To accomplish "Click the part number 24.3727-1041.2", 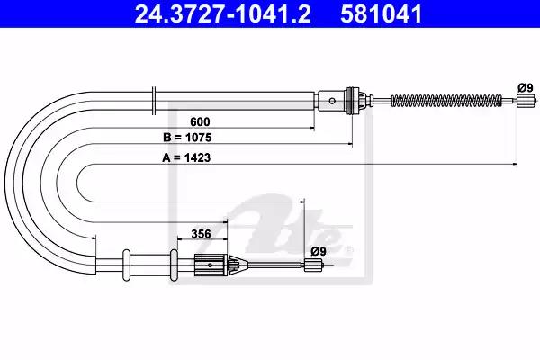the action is point(222,14).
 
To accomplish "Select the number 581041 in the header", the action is point(382,14).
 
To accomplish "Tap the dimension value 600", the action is point(200,121).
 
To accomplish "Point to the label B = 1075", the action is point(187,138).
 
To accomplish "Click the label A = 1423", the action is point(186,157).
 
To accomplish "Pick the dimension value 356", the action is point(201,234).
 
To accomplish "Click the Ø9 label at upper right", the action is point(526,88).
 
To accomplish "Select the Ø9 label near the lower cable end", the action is point(319,251).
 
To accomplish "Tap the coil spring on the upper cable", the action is point(446,101).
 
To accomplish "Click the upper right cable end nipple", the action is point(526,101).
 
